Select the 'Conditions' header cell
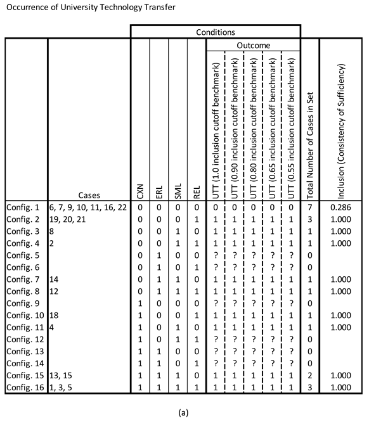tap(215, 31)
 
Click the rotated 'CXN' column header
tap(141, 189)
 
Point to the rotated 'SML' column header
tap(178, 189)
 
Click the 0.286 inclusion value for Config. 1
tap(343, 207)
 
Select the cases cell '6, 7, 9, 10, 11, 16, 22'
tap(87, 207)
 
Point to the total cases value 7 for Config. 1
tap(309, 207)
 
